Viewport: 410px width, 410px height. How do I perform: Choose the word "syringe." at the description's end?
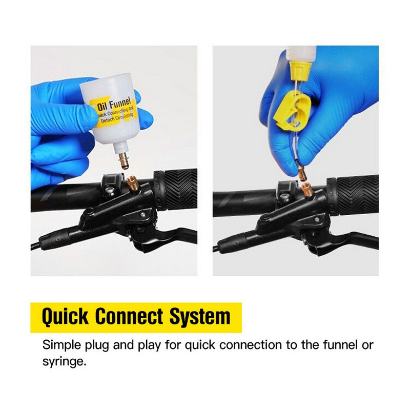point(64,361)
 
